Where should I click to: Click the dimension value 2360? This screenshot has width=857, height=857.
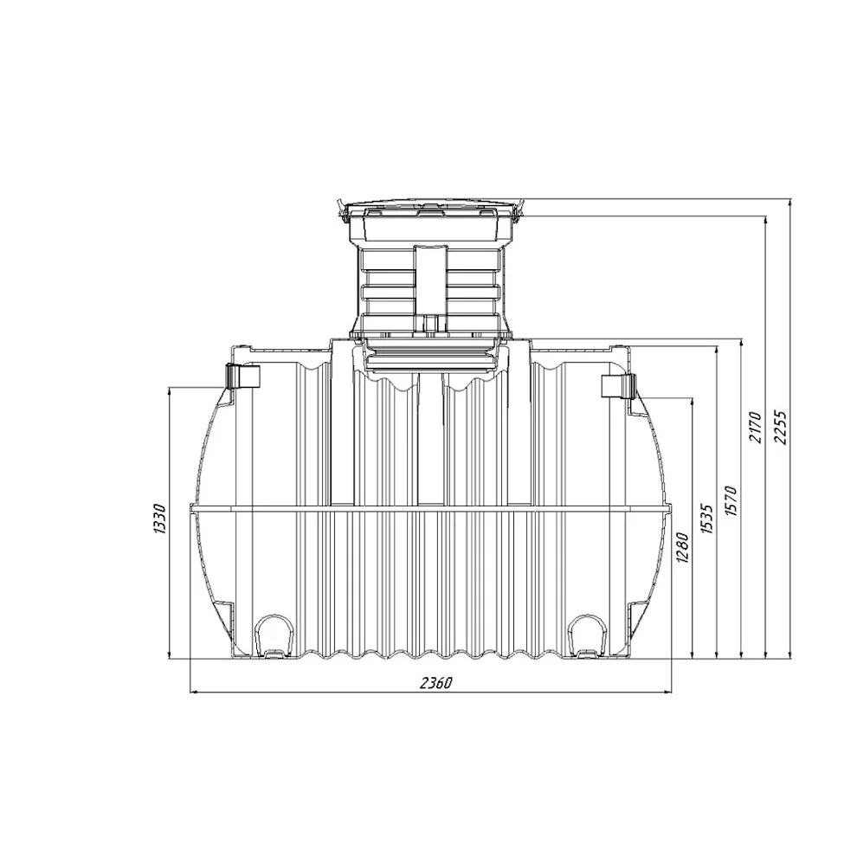pos(436,683)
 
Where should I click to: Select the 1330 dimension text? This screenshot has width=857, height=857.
pos(159,519)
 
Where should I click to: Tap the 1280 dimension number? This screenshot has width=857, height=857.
pos(683,547)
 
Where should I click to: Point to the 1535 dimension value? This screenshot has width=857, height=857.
pos(706,519)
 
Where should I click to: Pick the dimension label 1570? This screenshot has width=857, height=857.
pos(731,500)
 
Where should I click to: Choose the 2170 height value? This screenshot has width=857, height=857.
pos(755,428)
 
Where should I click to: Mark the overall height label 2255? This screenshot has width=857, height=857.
pos(780,428)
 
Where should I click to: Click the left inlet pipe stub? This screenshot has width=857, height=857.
pos(242,376)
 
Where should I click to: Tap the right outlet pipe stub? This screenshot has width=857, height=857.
pos(618,386)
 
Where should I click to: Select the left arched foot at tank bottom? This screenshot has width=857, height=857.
pos(273,635)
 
